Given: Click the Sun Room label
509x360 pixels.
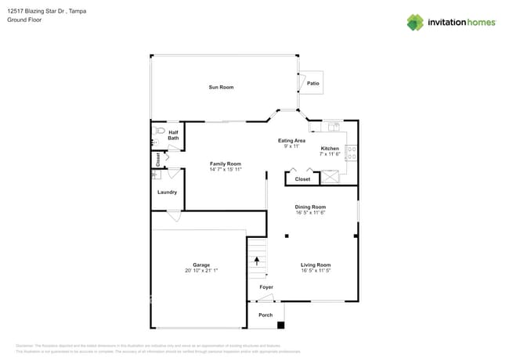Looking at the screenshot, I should pyautogui.click(x=221, y=87).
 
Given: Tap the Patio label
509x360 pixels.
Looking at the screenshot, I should pyautogui.click(x=312, y=83).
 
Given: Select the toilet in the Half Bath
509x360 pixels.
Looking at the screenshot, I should pyautogui.click(x=160, y=131).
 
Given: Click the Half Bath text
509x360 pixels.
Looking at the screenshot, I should pyautogui.click(x=173, y=135).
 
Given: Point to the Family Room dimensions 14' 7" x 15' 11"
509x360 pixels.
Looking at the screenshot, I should pyautogui.click(x=226, y=170).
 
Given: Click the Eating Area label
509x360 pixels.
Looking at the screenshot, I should pyautogui.click(x=291, y=141).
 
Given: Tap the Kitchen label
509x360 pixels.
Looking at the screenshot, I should pyautogui.click(x=330, y=148).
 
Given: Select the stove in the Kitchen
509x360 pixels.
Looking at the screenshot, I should pyautogui.click(x=352, y=153).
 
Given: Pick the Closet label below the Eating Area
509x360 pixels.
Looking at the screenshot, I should pyautogui.click(x=302, y=179).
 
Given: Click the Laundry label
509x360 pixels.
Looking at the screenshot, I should pyautogui.click(x=167, y=192).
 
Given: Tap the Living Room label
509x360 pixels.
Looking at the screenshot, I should pyautogui.click(x=316, y=265).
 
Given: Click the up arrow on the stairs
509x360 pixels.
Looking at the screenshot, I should pyautogui.click(x=256, y=261).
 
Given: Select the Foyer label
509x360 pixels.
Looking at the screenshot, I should pyautogui.click(x=266, y=287).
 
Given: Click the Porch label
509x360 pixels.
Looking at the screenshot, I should pyautogui.click(x=265, y=315).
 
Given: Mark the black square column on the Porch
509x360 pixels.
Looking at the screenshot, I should pyautogui.click(x=281, y=325).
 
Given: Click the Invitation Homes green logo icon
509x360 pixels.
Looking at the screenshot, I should pyautogui.click(x=415, y=22).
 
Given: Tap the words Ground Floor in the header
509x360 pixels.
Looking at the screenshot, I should pyautogui.click(x=24, y=20).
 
